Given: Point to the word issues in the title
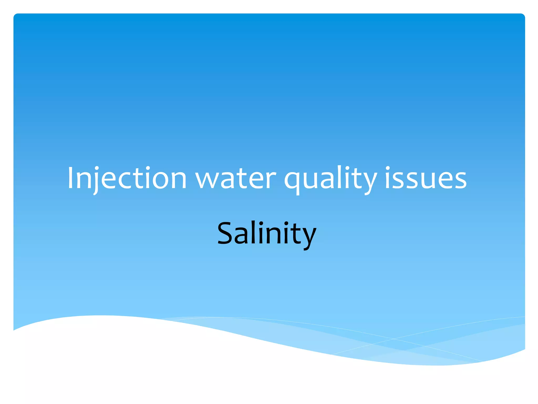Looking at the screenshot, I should [426, 178].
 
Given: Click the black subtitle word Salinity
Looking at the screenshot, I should [266, 233].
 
